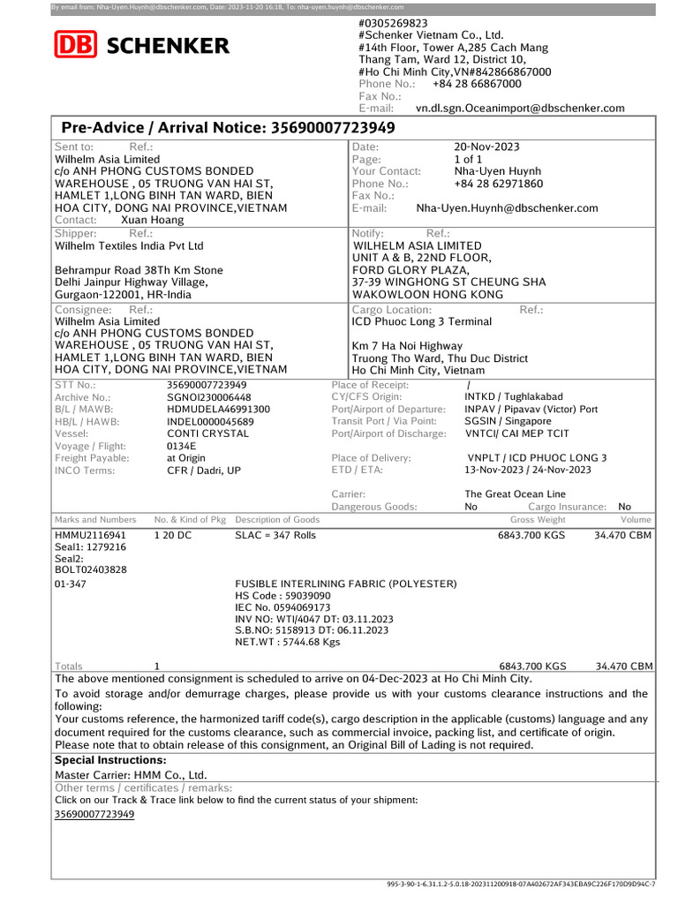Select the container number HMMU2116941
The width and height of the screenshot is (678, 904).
pos(90,535)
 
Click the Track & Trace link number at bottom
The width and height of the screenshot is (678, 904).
pos(94,814)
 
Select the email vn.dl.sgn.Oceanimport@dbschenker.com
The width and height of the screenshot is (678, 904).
pos(520,109)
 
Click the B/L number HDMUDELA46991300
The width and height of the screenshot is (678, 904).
pos(219,410)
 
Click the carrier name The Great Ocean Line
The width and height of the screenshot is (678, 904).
pos(516,494)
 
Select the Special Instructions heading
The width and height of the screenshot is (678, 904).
pos(110,760)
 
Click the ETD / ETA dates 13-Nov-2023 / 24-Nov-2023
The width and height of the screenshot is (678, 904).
pos(528,471)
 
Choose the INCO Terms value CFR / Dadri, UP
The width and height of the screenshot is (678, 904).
pos(204,471)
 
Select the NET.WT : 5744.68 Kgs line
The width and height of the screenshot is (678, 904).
pos(287,642)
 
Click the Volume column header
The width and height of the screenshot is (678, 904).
pos(636,520)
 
